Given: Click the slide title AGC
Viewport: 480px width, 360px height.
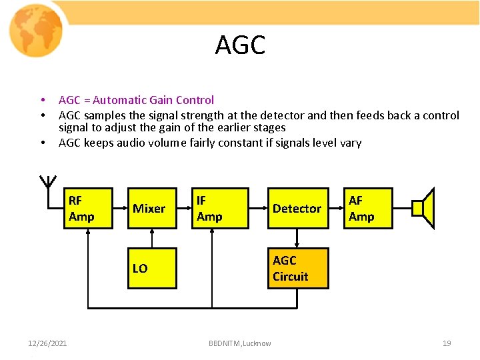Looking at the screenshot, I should coord(240,45).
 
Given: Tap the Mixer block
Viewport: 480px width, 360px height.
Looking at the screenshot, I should coord(151,209).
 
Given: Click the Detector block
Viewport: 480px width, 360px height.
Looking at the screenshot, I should coord(297,209).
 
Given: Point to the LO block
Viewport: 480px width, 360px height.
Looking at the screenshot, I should coord(151,268).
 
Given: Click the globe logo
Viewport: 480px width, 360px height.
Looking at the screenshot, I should coord(36,30).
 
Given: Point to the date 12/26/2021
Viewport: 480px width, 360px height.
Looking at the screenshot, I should coord(47,343).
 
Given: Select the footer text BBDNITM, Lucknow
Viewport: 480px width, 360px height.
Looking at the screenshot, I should coord(240,343).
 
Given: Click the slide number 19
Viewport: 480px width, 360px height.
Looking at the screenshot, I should coord(447,343).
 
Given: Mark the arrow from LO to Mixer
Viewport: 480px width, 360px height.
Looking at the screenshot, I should coord(151,239).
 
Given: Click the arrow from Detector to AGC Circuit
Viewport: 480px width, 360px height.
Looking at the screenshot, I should coord(297,239).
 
